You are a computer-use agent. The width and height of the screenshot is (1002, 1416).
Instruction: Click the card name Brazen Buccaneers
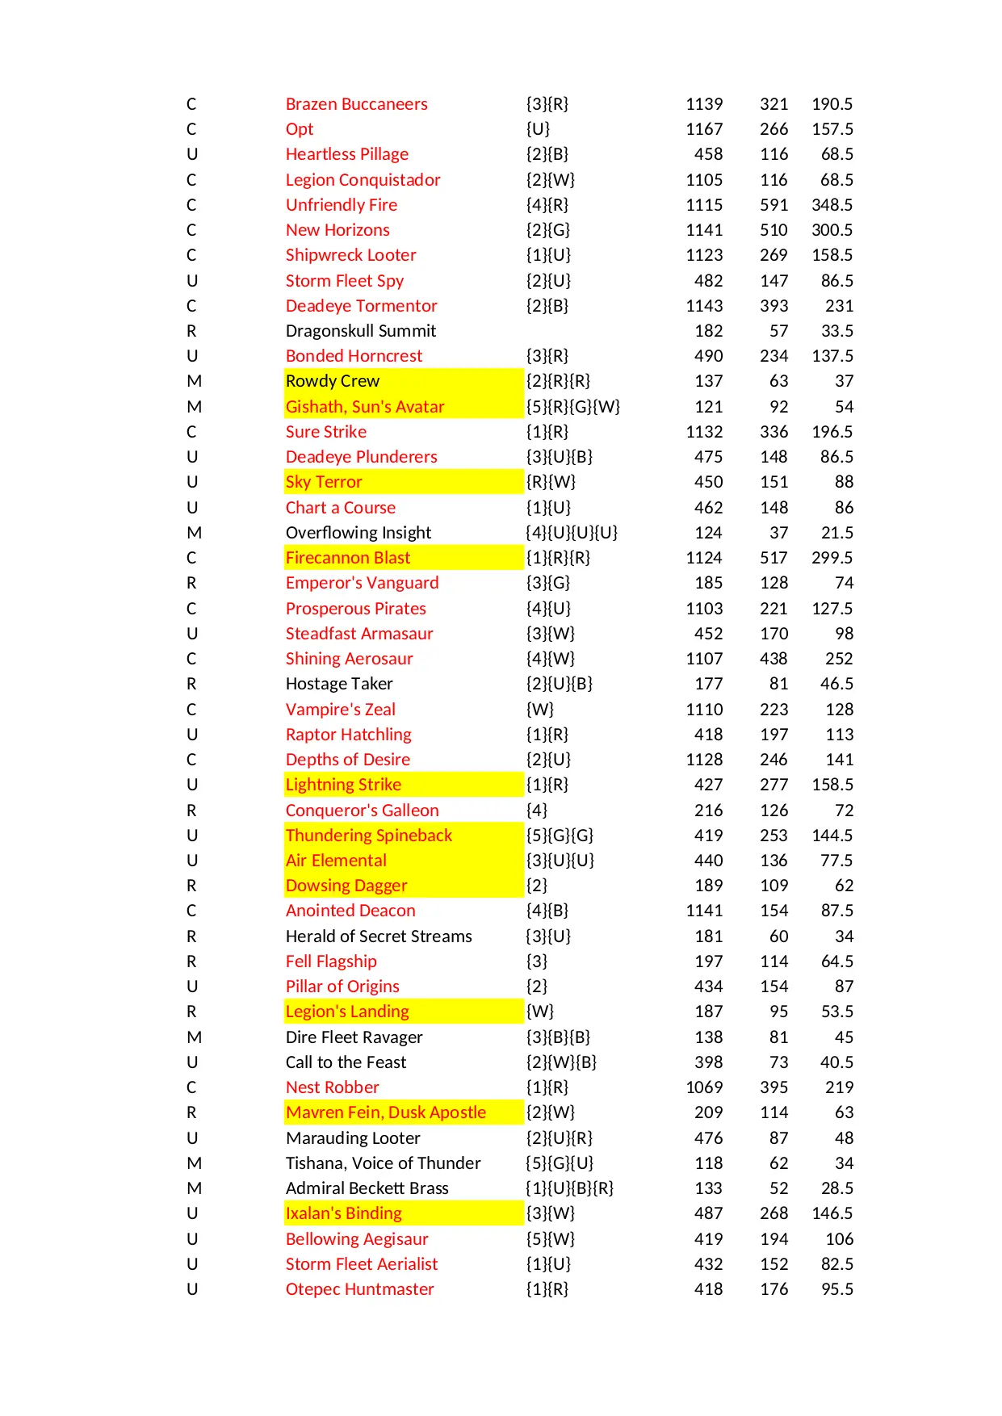coord(356,104)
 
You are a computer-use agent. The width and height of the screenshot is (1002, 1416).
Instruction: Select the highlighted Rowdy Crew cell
coord(332,381)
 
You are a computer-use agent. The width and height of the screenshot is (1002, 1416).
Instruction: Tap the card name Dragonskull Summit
coord(360,331)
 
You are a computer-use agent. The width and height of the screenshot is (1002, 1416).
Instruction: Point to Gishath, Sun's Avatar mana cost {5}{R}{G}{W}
coord(572,407)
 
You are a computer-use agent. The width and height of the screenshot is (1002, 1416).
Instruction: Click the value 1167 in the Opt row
coord(704,129)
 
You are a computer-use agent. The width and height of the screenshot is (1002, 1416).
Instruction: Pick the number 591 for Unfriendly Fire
coord(774,205)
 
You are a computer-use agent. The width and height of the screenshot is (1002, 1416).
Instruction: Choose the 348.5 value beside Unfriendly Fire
coord(832,205)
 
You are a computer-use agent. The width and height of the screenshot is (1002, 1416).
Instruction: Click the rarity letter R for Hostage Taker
coord(191,684)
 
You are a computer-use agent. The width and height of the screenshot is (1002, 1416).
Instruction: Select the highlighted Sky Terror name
coord(324,482)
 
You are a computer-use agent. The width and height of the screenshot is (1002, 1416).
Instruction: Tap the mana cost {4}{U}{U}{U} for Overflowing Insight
coord(572,533)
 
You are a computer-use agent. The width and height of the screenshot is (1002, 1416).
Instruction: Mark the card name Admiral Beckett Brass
coord(367,1188)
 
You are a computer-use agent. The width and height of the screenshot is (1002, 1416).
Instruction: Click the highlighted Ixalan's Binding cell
coord(343,1213)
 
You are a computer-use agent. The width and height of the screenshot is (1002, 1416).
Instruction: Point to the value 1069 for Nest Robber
coord(704,1087)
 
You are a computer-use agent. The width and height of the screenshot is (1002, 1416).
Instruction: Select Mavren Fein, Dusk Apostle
coord(385,1112)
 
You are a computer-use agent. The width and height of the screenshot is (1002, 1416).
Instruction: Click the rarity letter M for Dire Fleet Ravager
coord(195,1037)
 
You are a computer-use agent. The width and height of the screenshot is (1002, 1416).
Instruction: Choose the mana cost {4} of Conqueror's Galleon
coord(536,811)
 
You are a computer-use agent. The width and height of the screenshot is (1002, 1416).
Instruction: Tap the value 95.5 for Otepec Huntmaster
coord(836,1289)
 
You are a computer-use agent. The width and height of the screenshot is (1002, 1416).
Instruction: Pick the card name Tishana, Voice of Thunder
coord(383,1163)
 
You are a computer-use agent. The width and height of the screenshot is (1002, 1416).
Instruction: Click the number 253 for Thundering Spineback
coord(774,836)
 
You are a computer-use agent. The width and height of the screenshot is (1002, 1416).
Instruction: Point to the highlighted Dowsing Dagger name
coord(346,886)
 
